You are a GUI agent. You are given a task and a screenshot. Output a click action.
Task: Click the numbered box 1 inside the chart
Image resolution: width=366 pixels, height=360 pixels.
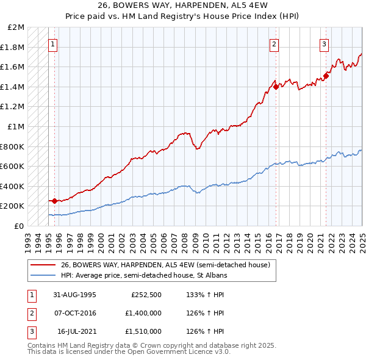pyautogui.click(x=53, y=44)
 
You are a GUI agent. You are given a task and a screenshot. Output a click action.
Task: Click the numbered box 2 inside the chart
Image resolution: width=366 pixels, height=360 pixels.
pyautogui.click(x=274, y=44)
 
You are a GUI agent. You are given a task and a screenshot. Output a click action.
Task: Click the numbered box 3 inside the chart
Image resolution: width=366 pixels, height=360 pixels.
pyautogui.click(x=324, y=44)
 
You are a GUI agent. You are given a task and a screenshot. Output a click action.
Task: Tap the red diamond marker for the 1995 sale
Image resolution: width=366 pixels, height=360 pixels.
pyautogui.click(x=54, y=201)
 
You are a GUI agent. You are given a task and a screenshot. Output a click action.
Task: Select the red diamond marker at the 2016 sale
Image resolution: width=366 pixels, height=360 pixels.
pyautogui.click(x=276, y=87)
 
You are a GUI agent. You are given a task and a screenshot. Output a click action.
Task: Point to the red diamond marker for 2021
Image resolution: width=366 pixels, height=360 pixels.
pyautogui.click(x=326, y=76)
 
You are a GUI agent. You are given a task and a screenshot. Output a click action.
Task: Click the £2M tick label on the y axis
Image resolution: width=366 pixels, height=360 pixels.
pyautogui.click(x=16, y=27)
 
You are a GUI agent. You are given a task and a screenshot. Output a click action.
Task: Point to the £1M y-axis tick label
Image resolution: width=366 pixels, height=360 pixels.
pyautogui.click(x=16, y=127)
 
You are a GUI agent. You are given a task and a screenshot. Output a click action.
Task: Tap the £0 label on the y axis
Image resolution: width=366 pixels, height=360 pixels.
pyautogui.click(x=20, y=226)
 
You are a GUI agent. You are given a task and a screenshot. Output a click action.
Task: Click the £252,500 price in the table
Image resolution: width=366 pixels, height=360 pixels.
pyautogui.click(x=146, y=295)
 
